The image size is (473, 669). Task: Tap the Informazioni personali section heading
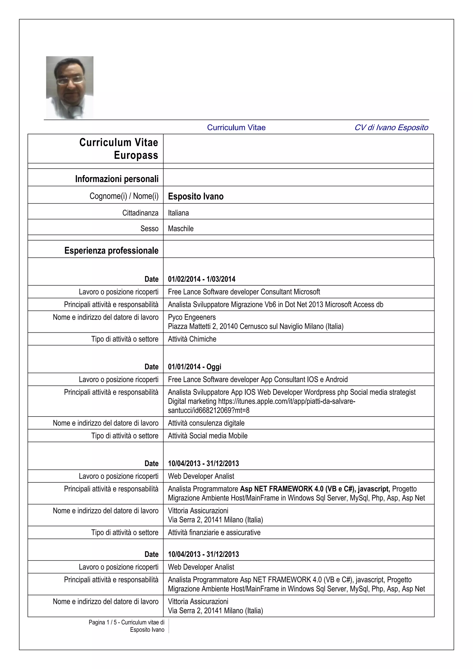117,179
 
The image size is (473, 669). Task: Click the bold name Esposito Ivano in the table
196,196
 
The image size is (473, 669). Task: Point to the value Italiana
178,213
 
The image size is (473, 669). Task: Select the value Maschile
181,229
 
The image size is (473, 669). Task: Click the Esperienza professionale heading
111,251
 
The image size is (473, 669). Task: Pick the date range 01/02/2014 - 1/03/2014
202,279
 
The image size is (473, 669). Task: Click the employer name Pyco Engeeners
192,317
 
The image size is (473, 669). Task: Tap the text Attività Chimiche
192,339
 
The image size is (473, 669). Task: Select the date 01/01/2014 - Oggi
194,367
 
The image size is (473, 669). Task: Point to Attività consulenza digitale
206,423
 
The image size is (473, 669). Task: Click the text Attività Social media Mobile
208,436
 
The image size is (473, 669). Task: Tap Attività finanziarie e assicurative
214,533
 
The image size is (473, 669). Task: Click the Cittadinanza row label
140,213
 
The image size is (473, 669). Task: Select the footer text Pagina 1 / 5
102,622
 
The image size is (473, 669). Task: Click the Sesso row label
149,229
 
